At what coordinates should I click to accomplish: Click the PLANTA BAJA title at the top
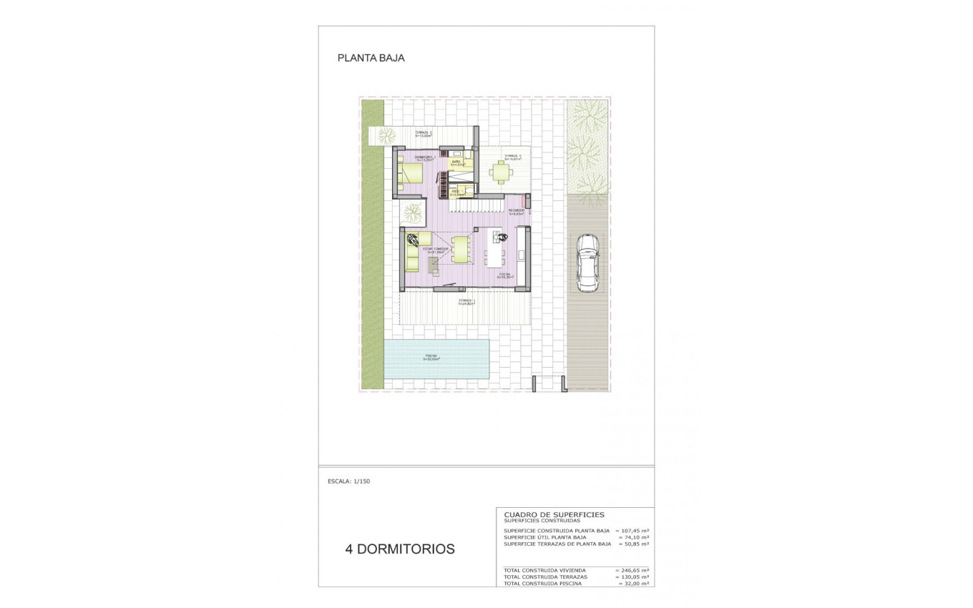[x=371, y=59]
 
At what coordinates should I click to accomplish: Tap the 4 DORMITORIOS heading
[x=400, y=549]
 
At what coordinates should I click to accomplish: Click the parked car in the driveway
[x=587, y=262]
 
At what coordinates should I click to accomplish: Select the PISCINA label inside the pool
[x=431, y=357]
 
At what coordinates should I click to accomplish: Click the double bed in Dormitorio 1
[x=411, y=173]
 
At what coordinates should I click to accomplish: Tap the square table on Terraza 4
[x=502, y=171]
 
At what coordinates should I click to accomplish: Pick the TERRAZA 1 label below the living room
[x=466, y=301]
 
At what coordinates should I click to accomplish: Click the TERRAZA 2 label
[x=423, y=133]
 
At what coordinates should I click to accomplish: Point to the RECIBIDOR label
[x=516, y=211]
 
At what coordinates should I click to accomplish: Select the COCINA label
[x=505, y=275]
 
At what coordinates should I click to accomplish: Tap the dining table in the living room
[x=461, y=250]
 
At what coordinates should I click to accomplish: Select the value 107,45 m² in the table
[x=634, y=531]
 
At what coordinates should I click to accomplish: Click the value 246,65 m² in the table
[x=634, y=570]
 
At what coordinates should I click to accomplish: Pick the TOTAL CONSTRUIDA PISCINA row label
[x=543, y=584]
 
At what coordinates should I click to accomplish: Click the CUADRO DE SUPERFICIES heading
[x=554, y=514]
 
